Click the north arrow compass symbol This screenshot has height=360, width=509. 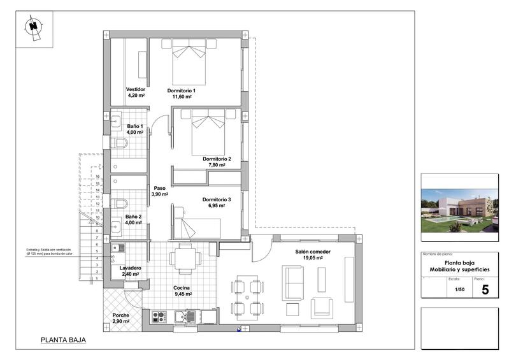click(x=33, y=27)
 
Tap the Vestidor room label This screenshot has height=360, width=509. click(x=136, y=89)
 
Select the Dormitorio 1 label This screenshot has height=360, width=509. click(x=182, y=90)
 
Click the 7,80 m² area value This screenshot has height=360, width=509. click(x=217, y=165)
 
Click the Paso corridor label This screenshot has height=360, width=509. click(x=159, y=188)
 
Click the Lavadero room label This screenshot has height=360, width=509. click(x=130, y=268)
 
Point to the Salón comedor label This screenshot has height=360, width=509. click(x=313, y=252)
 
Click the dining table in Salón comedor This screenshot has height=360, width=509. click(x=247, y=296)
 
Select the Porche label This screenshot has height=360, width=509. click(x=121, y=316)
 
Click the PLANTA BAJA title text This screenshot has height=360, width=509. click(x=63, y=340)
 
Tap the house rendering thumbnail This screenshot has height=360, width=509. click(x=459, y=211)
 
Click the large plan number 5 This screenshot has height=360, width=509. click(x=485, y=290)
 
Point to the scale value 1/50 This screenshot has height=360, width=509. click(x=459, y=289)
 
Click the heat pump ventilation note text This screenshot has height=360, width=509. click(x=53, y=251)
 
